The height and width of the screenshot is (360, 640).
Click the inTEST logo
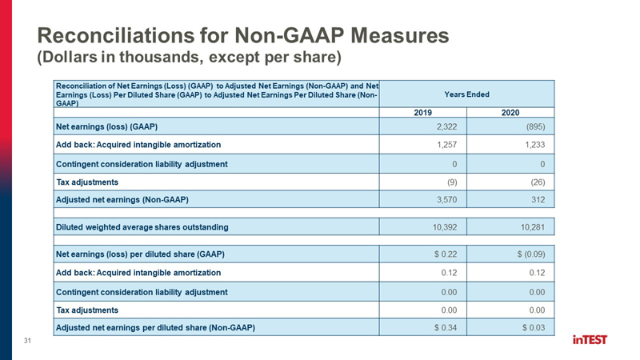click(x=590, y=339)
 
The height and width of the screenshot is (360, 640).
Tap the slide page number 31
click(x=27, y=341)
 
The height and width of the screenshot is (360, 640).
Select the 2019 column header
click(x=423, y=113)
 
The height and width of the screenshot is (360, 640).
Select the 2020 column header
click(x=510, y=113)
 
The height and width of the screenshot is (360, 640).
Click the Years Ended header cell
click(x=466, y=94)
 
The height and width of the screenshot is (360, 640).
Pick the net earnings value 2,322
click(x=446, y=126)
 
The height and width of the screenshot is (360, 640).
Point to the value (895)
click(x=535, y=126)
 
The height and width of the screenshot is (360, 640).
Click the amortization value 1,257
click(x=446, y=145)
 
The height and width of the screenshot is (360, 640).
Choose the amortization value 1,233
click(x=534, y=145)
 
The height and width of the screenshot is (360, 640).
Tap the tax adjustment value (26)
click(x=538, y=182)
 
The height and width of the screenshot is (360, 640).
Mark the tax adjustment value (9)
click(x=452, y=182)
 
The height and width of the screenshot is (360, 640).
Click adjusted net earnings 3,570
click(x=446, y=199)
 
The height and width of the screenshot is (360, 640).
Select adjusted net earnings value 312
click(x=538, y=199)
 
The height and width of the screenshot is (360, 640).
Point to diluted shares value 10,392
click(x=445, y=227)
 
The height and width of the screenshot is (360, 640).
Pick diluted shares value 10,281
click(x=533, y=227)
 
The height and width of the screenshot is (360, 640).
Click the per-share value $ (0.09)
click(x=531, y=254)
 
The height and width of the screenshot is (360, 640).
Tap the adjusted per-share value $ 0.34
click(x=446, y=327)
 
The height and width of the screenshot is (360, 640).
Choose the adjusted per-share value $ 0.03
click(x=534, y=327)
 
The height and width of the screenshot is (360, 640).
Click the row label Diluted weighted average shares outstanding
click(x=142, y=227)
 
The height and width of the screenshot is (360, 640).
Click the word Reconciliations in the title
click(x=115, y=35)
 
